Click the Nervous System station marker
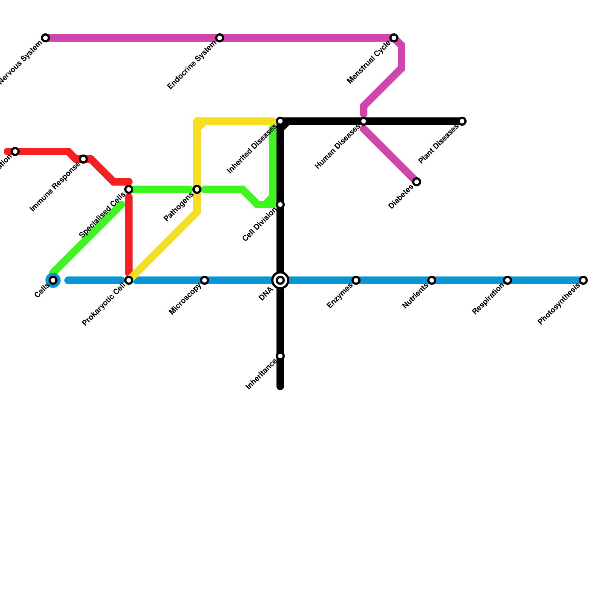[x=45, y=38]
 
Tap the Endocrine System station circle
[x=220, y=38]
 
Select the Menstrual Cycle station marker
[x=394, y=38]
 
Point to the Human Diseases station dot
[x=364, y=121]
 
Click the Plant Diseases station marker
[x=462, y=121]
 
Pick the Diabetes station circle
[x=417, y=182]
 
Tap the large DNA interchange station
[x=280, y=280]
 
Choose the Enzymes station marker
[x=356, y=280]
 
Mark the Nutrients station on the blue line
[x=432, y=280]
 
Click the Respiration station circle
[x=508, y=280]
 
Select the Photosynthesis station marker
[x=583, y=280]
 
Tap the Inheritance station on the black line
[x=280, y=356]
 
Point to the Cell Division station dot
[x=280, y=205]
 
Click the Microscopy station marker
[x=205, y=280]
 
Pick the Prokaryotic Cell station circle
[x=129, y=280]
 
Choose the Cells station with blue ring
[x=53, y=280]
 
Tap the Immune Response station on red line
[x=83, y=159]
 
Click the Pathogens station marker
[x=197, y=189]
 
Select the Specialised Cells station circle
[x=129, y=189]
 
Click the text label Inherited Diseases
[x=252, y=149]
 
